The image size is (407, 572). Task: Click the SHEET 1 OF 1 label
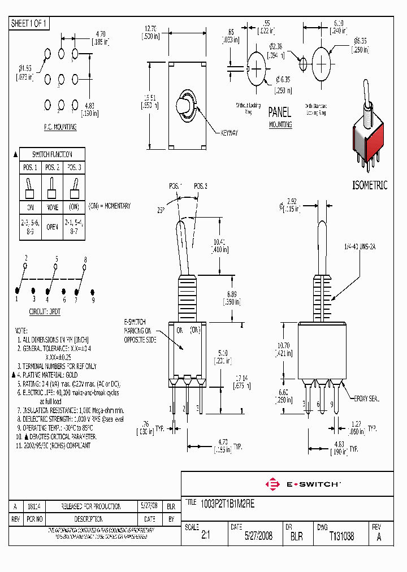[x=29, y=23]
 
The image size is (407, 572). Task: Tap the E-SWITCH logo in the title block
[x=302, y=484]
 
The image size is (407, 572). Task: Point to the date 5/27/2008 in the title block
[x=258, y=536]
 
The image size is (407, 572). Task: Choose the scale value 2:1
[x=205, y=536]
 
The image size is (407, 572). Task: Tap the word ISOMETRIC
[x=370, y=185]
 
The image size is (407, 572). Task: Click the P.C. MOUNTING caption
[x=60, y=127]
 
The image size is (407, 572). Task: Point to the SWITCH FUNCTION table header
[x=51, y=154]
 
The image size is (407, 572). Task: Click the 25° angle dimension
[x=161, y=210]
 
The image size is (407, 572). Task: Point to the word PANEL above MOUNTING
[x=280, y=112]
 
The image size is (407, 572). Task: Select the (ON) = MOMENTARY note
[x=110, y=206]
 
